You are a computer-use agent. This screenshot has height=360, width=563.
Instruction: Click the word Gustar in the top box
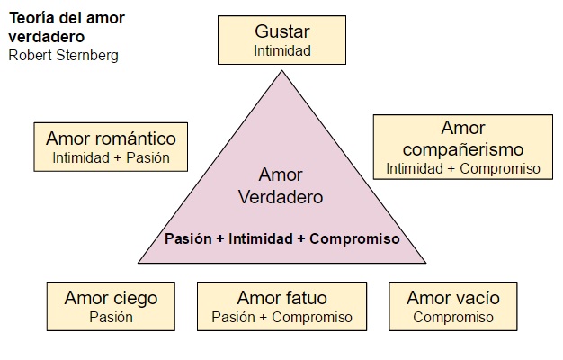click(x=282, y=33)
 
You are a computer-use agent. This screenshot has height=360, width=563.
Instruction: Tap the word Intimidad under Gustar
click(x=282, y=51)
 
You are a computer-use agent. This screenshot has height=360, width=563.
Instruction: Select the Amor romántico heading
click(x=111, y=139)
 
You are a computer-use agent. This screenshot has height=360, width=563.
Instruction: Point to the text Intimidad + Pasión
click(x=111, y=158)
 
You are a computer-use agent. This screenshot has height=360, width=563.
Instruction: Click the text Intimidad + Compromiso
click(x=463, y=168)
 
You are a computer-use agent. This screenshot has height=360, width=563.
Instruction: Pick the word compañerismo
click(x=463, y=149)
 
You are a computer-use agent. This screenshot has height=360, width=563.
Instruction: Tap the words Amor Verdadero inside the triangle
click(x=281, y=184)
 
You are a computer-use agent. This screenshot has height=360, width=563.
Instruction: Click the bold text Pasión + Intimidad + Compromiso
click(x=281, y=239)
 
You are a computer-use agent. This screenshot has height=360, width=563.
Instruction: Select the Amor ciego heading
click(x=111, y=298)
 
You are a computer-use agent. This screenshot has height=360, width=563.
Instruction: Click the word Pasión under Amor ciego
click(x=111, y=317)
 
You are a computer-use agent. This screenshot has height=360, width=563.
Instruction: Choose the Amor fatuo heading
click(x=281, y=298)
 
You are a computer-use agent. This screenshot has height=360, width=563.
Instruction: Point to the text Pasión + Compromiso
click(x=281, y=317)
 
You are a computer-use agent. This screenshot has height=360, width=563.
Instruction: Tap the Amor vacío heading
click(x=453, y=298)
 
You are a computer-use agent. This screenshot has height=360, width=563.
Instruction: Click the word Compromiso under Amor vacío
click(x=453, y=317)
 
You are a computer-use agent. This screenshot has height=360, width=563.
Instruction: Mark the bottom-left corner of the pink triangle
click(x=137, y=264)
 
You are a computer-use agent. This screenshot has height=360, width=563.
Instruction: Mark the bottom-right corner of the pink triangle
click(x=426, y=264)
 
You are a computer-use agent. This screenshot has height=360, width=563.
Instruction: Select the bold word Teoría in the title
click(x=31, y=19)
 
